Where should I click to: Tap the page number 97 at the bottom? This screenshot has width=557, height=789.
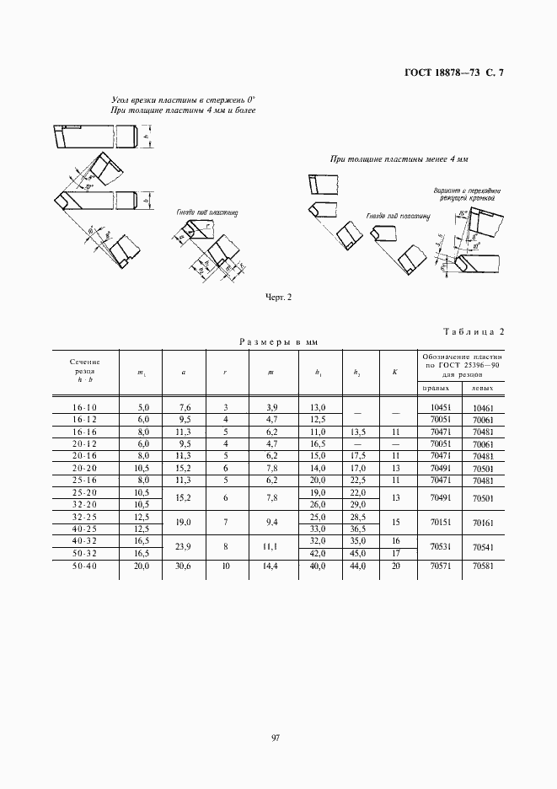click(x=276, y=738)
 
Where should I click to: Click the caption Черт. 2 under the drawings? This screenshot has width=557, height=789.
click(x=278, y=297)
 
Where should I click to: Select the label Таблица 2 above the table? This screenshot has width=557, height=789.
click(x=472, y=331)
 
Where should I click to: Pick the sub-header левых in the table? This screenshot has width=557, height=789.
click(x=483, y=389)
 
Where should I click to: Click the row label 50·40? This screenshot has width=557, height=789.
click(x=84, y=567)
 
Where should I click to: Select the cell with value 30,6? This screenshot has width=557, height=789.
click(x=185, y=567)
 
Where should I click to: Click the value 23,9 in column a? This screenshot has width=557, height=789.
click(x=185, y=547)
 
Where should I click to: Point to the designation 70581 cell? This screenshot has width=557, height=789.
click(x=483, y=567)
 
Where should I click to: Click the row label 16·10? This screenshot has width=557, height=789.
click(x=84, y=407)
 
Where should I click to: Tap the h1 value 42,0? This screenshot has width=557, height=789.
click(x=318, y=553)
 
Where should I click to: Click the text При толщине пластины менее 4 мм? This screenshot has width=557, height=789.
click(x=399, y=159)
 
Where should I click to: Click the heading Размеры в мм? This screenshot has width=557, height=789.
click(x=277, y=343)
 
